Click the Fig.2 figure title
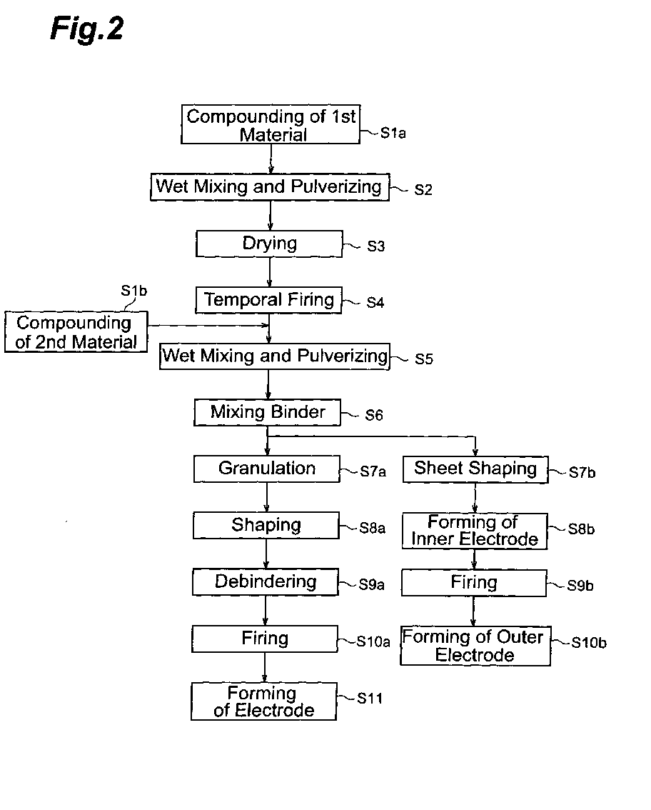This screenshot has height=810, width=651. tap(87, 29)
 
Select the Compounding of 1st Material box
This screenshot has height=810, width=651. tap(271, 124)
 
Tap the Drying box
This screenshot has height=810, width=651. tap(269, 244)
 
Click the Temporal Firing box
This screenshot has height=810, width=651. tap(268, 300)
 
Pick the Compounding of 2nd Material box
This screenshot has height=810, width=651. tap(76, 331)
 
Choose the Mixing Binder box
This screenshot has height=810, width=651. tap(268, 412)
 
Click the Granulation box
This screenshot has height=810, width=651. tap(267, 469)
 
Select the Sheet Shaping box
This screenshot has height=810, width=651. tap(475, 469)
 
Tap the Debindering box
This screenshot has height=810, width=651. tap(266, 581)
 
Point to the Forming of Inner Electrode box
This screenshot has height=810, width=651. tap(475, 531)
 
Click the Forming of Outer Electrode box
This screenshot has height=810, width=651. tap(475, 646)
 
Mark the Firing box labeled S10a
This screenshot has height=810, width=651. tap(265, 639)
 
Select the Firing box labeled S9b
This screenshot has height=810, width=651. tap(474, 584)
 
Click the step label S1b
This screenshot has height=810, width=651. tap(133, 291)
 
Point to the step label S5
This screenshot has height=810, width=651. tap(424, 359)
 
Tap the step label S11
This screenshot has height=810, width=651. tap(370, 699)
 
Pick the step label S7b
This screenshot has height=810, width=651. tap(582, 473)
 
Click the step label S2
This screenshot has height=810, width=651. tap(423, 189)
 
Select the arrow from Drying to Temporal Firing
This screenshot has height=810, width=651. tap(269, 271)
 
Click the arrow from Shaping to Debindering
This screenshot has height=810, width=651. tap(266, 554)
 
